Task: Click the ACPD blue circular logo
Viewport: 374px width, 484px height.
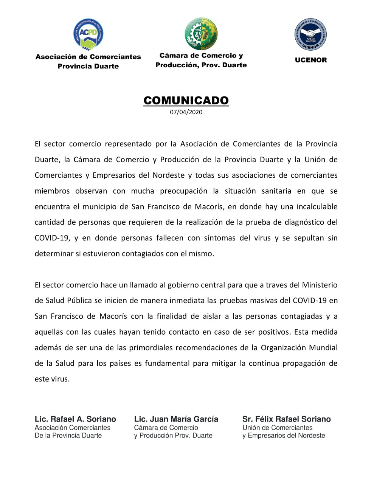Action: (88, 34)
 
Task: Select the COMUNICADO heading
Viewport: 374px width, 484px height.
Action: (186, 101)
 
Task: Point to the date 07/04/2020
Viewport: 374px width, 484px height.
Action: (186, 112)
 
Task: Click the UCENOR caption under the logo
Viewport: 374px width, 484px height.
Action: (311, 60)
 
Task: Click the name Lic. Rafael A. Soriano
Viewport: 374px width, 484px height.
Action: (75, 419)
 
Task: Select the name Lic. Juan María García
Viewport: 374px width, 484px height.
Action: (176, 419)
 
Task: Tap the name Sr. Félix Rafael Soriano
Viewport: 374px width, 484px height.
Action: (286, 419)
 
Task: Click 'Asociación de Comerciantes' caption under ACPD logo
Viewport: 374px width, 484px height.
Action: (88, 57)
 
